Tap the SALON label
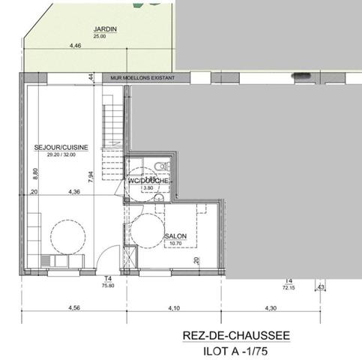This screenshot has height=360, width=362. click(175, 235)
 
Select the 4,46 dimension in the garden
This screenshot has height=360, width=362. click(75, 46)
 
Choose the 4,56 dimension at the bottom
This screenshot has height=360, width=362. click(73, 307)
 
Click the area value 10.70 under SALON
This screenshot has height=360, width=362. click(175, 243)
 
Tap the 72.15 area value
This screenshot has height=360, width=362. click(288, 286)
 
